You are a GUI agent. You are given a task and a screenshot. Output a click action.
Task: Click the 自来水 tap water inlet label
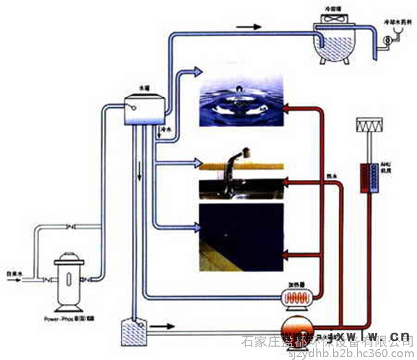[x=13, y=274]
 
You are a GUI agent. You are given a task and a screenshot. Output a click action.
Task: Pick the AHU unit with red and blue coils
[x=369, y=178]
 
